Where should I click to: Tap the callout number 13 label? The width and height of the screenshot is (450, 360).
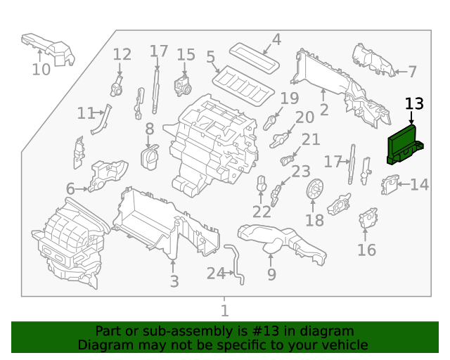415,104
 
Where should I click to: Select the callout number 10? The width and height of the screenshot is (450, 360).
41,69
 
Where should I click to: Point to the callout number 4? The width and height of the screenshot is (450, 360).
276,39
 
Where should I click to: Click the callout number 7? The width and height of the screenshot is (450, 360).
412,71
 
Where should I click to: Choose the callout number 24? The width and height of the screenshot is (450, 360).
215,273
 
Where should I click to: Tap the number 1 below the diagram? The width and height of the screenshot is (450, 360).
224,310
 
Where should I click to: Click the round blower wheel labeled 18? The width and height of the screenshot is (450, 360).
315,190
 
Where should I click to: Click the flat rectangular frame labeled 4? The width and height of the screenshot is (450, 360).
255,57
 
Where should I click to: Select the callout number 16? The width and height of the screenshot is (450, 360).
366,250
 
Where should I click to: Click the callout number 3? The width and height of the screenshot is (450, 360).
174,281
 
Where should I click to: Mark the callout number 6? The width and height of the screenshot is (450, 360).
70,188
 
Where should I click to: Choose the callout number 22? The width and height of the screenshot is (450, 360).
262,211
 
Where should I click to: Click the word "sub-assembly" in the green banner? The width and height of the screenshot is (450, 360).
173,331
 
